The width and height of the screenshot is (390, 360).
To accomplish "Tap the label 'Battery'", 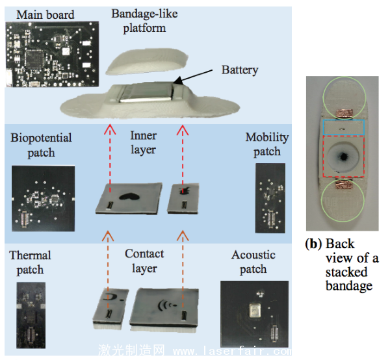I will click(240, 70).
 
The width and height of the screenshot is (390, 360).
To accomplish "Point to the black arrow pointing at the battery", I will click(198, 76).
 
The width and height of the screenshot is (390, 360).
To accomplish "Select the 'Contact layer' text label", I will click(144, 261).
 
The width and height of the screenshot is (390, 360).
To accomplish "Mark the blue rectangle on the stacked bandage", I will click(341, 128).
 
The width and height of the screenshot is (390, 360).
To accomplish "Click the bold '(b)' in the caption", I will click(315, 245).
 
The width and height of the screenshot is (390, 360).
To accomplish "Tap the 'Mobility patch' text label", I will click(267, 144).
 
